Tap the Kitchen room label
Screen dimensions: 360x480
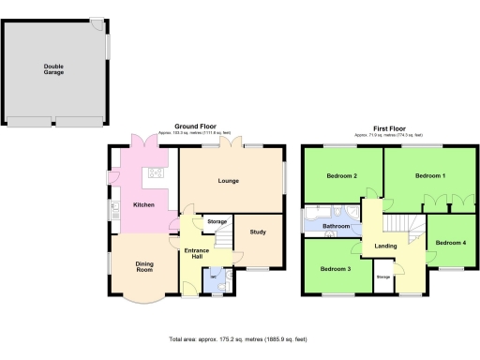click(x=143, y=203)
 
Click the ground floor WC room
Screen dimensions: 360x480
click(x=215, y=278)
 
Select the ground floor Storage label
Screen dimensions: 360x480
click(x=217, y=221)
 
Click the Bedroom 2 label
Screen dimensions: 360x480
click(x=342, y=176)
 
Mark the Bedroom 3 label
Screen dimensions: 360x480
click(x=335, y=269)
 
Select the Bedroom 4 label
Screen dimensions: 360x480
click(x=451, y=243)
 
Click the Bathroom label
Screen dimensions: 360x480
click(x=337, y=227)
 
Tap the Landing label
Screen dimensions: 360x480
click(x=386, y=247)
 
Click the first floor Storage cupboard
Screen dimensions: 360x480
click(x=383, y=278)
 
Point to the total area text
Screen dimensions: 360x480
click(x=238, y=338)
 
